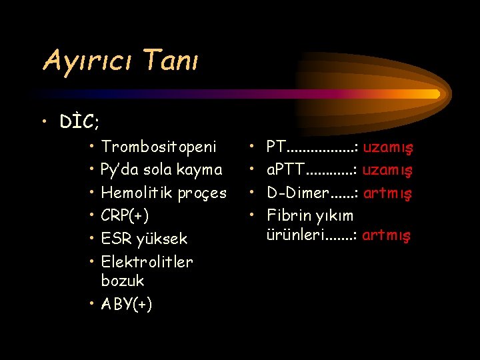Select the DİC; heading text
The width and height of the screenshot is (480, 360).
click(x=79, y=122)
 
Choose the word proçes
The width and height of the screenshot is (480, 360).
click(x=203, y=193)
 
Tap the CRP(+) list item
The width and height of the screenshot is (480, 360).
click(x=125, y=215)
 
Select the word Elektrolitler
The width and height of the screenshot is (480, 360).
click(x=147, y=261)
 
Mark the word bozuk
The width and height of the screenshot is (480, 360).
click(x=123, y=280)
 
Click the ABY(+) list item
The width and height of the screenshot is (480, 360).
click(x=126, y=304)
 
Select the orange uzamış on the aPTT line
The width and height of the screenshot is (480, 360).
click(x=388, y=170)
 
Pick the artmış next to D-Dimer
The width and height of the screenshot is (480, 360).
click(x=388, y=193)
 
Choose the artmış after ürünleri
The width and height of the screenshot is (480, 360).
click(x=387, y=235)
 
